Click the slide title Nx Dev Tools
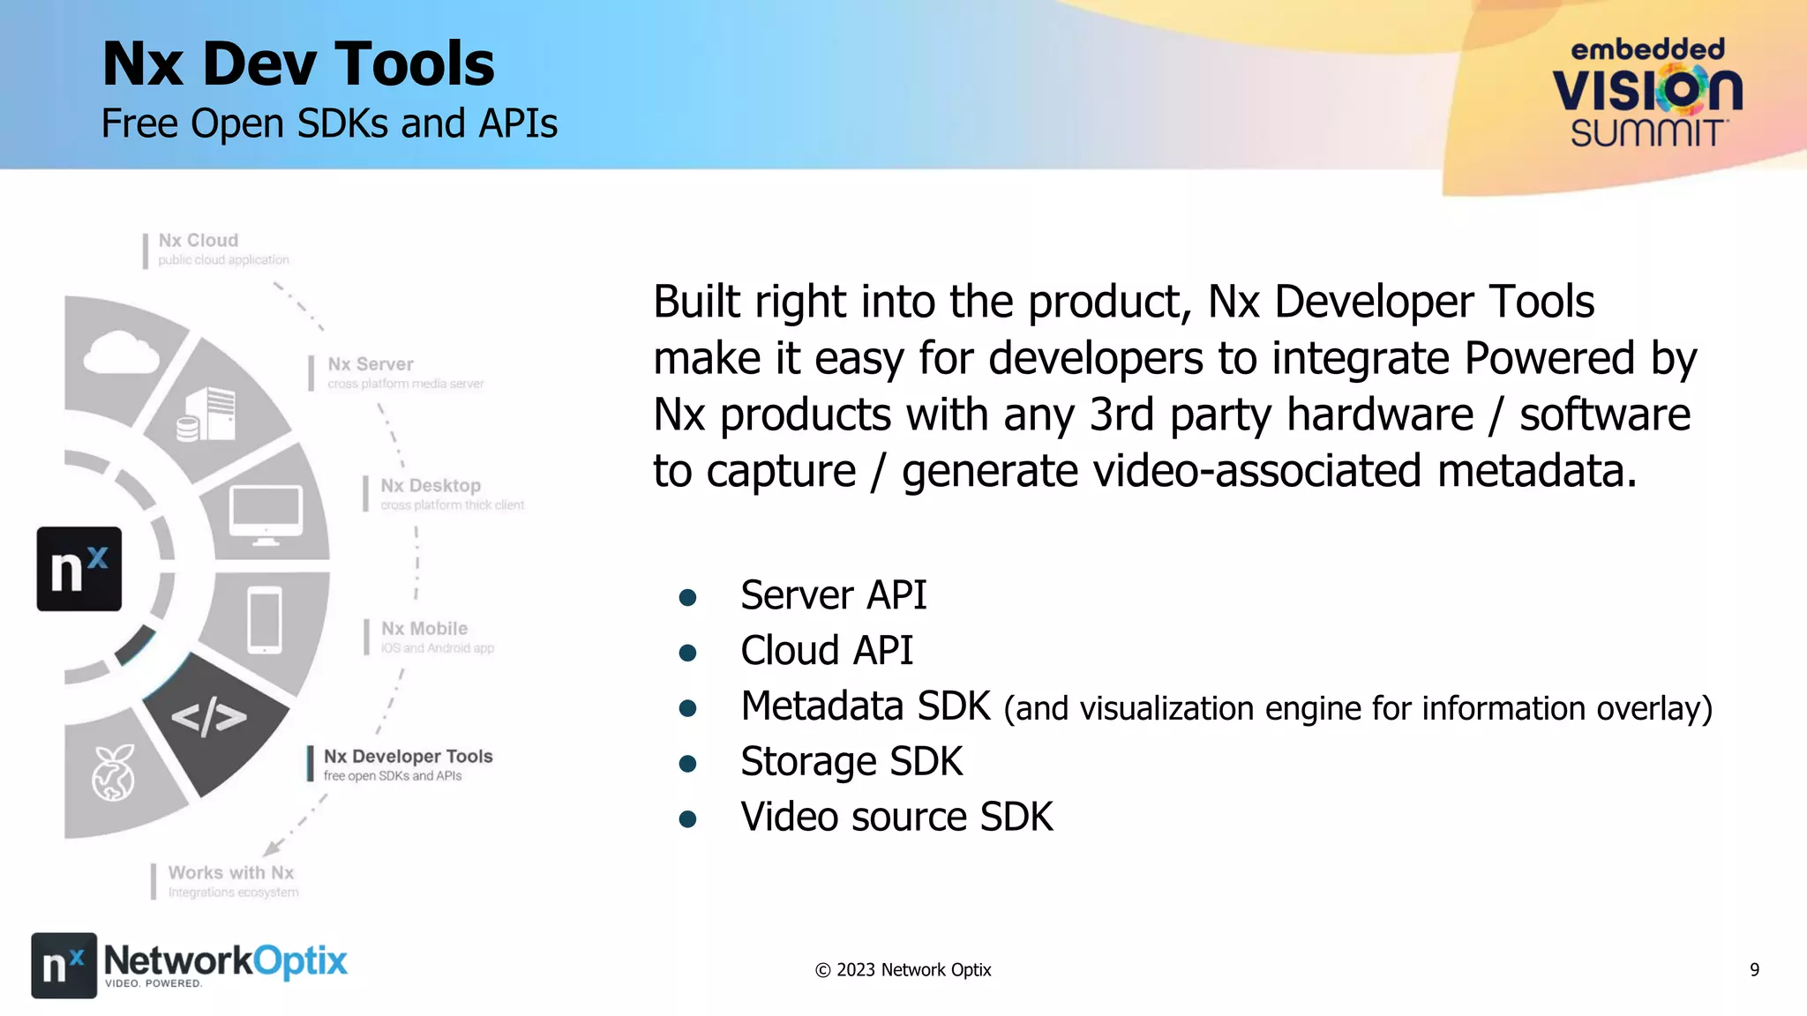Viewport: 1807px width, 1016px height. [298, 64]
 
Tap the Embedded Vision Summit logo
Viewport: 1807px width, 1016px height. [1646, 93]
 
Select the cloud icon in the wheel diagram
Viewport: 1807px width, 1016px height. [121, 353]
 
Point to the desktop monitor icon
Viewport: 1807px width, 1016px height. [266, 514]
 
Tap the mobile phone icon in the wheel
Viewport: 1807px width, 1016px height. [265, 620]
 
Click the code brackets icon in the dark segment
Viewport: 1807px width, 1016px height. [208, 717]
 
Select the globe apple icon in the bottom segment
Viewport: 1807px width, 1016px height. [114, 773]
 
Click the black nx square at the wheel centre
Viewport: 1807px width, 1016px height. [79, 569]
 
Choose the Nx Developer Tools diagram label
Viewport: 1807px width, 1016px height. [408, 757]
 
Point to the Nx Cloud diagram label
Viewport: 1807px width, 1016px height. [199, 241]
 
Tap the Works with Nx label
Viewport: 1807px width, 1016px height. [230, 873]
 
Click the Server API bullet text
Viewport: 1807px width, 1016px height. [833, 595]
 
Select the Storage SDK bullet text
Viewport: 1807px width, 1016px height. [851, 762]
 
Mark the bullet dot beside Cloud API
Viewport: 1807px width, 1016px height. [688, 653]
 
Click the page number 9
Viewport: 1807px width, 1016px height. [1754, 970]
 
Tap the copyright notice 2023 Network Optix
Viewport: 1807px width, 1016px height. [903, 970]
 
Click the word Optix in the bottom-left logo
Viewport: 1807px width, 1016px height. [301, 961]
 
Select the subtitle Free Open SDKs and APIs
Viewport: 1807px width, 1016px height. [329, 123]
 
